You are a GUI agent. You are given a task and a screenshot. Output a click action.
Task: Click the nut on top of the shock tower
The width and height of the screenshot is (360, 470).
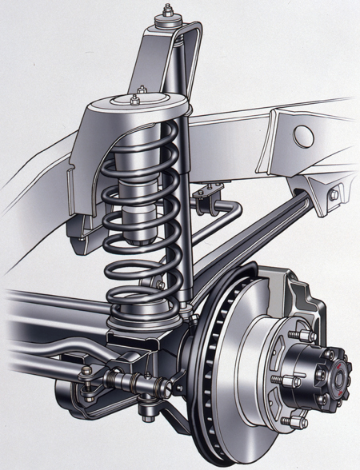(170, 11)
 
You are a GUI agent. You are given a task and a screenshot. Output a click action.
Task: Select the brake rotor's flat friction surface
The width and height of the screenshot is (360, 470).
(240, 376)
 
